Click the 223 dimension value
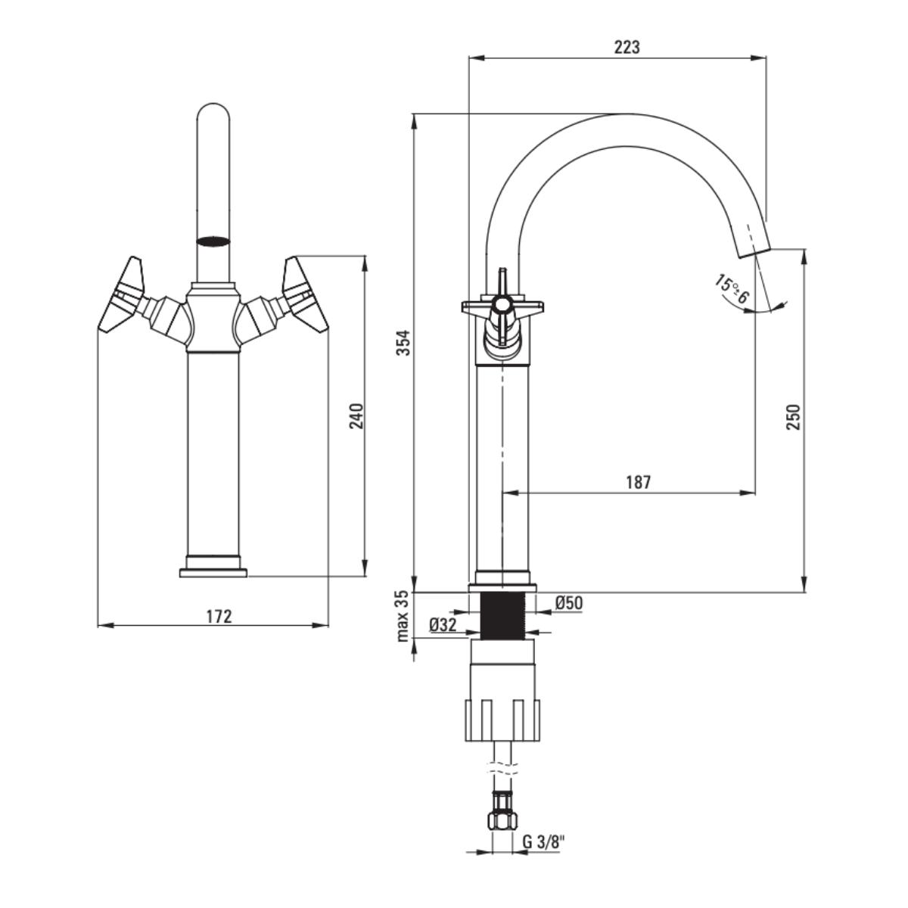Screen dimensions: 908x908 click(627, 47)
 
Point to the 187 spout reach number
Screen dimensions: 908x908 click(638, 482)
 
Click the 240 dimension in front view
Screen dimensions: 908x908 click(356, 415)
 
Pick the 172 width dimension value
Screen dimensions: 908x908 click(219, 616)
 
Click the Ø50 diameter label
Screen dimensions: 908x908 click(568, 603)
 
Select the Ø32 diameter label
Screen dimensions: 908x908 click(443, 625)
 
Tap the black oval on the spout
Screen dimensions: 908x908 click(213, 242)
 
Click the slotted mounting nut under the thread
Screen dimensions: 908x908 click(502, 720)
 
